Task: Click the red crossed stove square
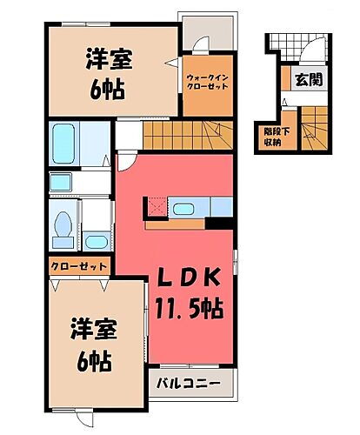pos(157,207)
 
